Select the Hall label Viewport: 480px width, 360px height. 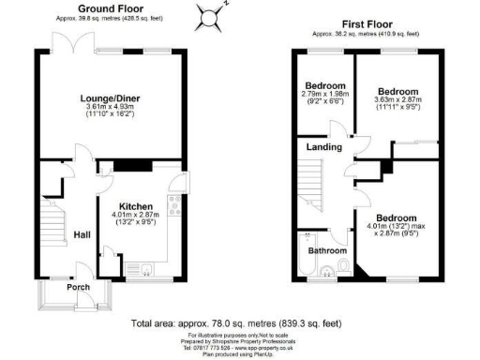(82, 234)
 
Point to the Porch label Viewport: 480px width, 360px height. (77, 288)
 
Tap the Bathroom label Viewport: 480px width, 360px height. (327, 250)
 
